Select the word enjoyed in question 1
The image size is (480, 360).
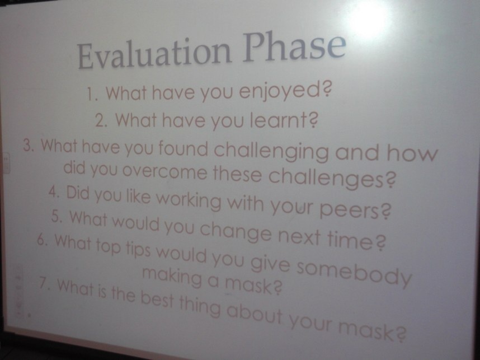coord(280,91)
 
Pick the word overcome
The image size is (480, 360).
coord(164,171)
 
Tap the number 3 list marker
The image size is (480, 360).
coord(28,144)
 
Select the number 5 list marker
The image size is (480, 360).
coord(56,216)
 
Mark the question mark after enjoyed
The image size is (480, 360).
coord(327,90)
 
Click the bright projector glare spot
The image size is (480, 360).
coord(371,18)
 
